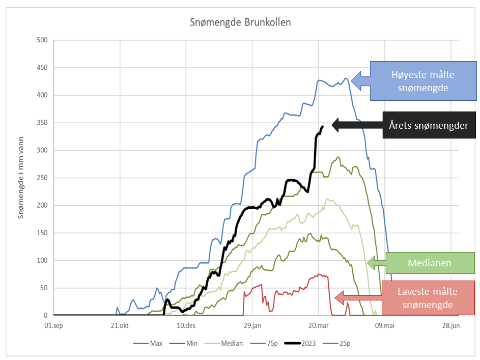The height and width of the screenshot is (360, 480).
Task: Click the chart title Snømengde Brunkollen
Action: coord(240,22)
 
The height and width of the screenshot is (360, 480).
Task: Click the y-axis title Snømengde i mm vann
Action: coord(21,178)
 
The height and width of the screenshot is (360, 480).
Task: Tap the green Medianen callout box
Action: coord(430,263)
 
